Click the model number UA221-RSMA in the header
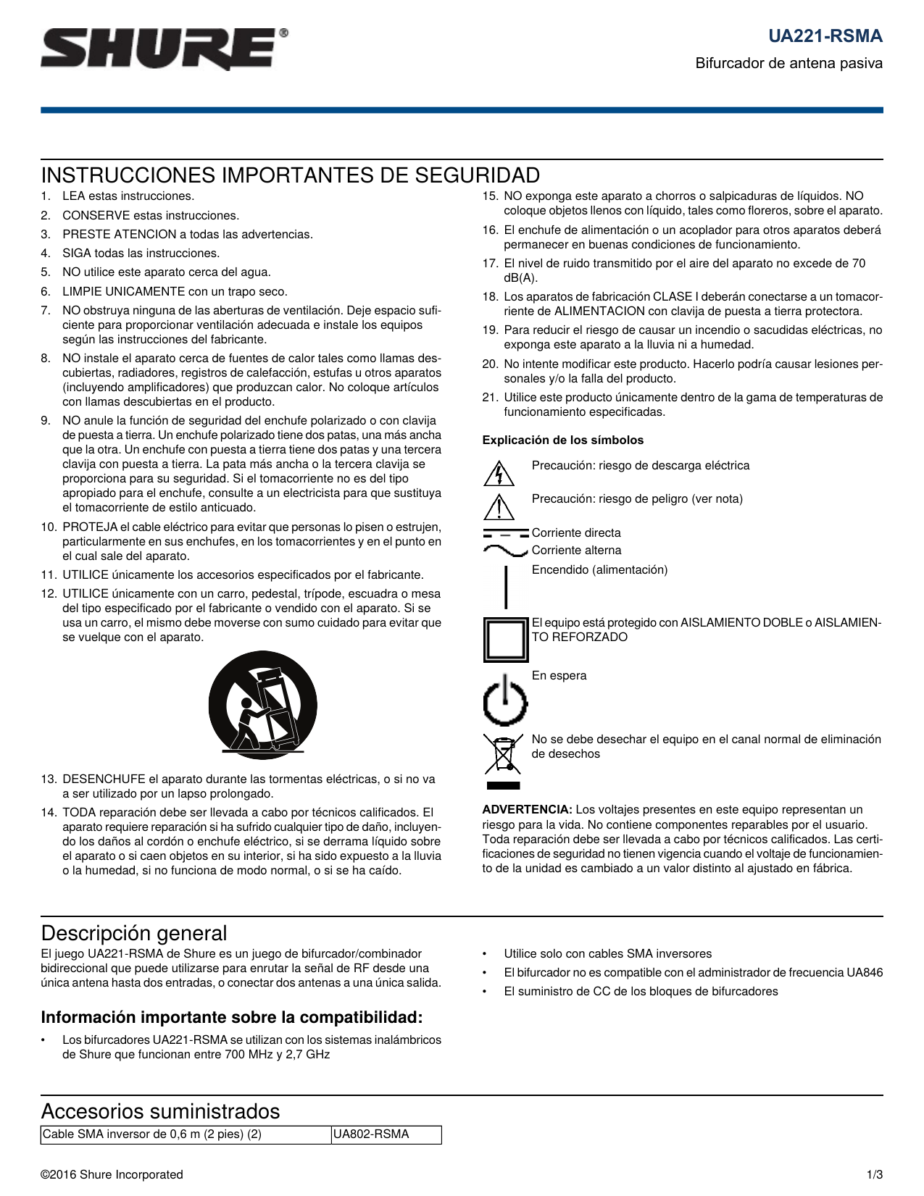tap(825, 36)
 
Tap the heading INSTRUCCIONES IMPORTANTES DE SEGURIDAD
tap(290, 175)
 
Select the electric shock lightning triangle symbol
tap(499, 473)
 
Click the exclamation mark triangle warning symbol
tap(499, 506)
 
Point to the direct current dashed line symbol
tap(505, 533)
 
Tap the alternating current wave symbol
tap(505, 551)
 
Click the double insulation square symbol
tap(506, 639)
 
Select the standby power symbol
tap(505, 701)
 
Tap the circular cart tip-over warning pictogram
tap(262, 704)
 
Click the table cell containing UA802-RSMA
tap(386, 1134)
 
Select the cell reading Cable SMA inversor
tap(186, 1134)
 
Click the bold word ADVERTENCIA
tap(527, 810)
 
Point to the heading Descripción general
tap(133, 933)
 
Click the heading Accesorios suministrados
tap(160, 1111)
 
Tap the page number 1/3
tap(874, 1175)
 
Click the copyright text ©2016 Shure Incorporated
tap(112, 1175)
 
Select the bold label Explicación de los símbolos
tap(562, 440)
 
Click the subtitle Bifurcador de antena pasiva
tap(788, 63)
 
